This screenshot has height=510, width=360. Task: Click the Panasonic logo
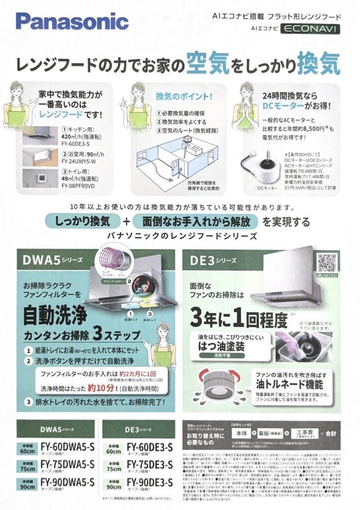point(72,21)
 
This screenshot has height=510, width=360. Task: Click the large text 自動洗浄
point(55,314)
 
